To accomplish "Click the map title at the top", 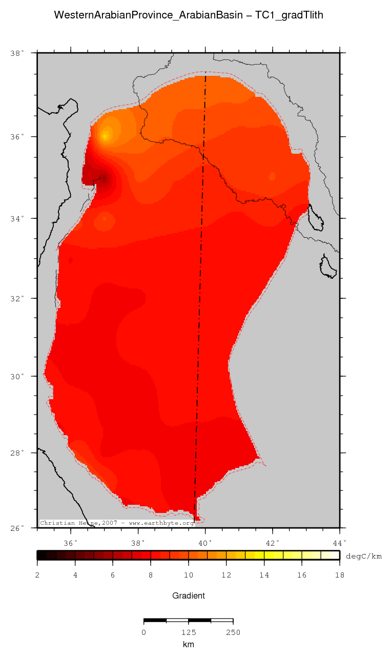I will pyautogui.click(x=188, y=15).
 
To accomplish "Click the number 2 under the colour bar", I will pyautogui.click(x=37, y=575).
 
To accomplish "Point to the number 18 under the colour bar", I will pyautogui.click(x=339, y=575).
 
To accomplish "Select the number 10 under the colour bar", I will pyautogui.click(x=188, y=575).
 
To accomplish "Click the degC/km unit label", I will pyautogui.click(x=363, y=556).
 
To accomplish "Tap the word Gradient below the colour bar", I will pyautogui.click(x=188, y=595).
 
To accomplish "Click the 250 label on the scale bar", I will pyautogui.click(x=233, y=632).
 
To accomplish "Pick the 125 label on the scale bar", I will pyautogui.click(x=189, y=632).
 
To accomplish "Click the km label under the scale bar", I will pyautogui.click(x=188, y=644).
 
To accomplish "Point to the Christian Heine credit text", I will pyautogui.click(x=117, y=523).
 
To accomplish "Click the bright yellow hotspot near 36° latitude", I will pyautogui.click(x=106, y=136).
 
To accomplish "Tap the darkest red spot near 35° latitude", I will pyautogui.click(x=104, y=178).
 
